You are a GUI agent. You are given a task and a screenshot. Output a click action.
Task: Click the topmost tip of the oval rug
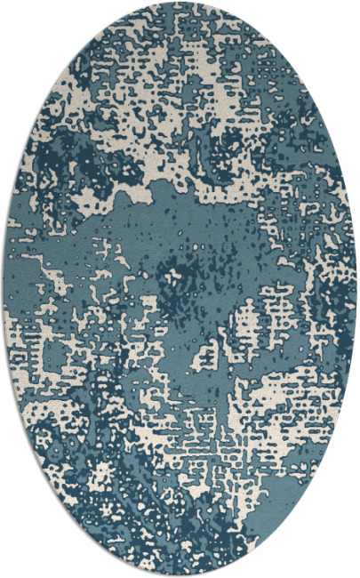click(180, 3)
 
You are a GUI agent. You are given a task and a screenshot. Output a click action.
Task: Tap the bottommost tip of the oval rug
click(180, 574)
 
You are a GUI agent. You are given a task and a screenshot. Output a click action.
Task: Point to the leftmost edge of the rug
click(4, 289)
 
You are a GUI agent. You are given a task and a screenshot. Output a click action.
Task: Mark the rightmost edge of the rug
click(356, 289)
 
